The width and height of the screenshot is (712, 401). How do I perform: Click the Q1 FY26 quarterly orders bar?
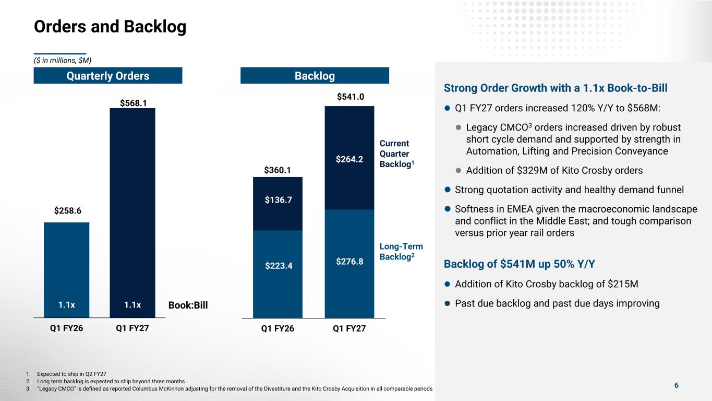pos(66,270)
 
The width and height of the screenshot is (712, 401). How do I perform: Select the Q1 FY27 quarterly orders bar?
pos(132,213)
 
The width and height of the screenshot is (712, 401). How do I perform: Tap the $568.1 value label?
pos(133,103)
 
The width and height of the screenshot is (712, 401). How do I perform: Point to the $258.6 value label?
pos(67,211)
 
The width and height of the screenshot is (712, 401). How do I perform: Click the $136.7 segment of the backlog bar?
pos(278,204)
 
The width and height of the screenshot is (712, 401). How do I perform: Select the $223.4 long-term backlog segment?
pos(278,274)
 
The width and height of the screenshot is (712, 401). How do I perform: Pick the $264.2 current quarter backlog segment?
pos(349,158)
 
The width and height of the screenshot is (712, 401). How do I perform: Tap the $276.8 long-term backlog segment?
pos(349,264)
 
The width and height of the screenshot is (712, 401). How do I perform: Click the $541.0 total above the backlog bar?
pos(351,97)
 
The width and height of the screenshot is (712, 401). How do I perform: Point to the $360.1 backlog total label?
pos(277,170)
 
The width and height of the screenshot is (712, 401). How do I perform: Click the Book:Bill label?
pos(188,305)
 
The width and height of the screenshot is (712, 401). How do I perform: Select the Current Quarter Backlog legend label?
pos(396,154)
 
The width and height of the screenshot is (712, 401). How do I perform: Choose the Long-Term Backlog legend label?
pos(401,252)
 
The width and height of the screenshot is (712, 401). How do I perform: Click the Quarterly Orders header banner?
pos(108,76)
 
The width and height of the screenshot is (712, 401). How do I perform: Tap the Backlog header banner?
pos(315,76)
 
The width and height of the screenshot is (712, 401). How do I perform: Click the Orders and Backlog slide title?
pos(110,27)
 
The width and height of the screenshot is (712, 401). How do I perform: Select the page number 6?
pos(677,385)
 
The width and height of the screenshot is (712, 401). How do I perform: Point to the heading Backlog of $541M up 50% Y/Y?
pos(519,264)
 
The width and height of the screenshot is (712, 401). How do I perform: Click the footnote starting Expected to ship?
pos(71,374)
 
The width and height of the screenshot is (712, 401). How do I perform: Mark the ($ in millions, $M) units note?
pos(63,61)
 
